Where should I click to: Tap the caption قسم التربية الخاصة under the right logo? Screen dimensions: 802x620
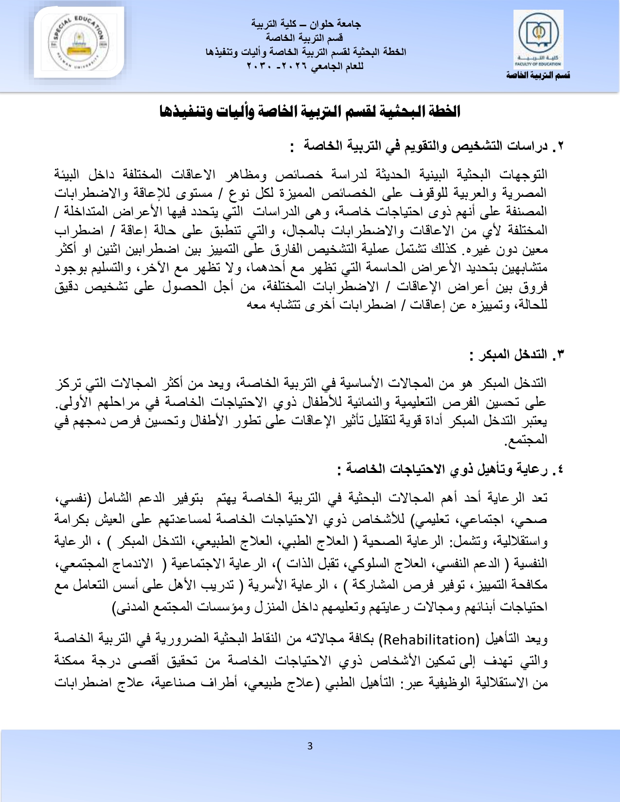click(538, 75)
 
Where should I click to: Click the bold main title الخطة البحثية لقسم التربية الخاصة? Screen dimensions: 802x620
click(310, 111)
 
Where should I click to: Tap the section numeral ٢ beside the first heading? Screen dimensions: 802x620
click(560, 146)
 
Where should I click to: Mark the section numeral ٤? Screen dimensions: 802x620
click(560, 469)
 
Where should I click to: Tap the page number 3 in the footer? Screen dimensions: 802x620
click(310, 746)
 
